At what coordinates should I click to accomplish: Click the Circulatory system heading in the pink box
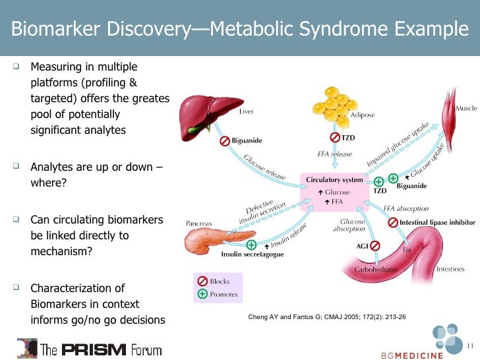click(334, 180)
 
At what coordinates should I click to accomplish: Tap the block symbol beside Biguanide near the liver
click(225, 141)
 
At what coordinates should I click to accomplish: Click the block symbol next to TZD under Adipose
click(334, 137)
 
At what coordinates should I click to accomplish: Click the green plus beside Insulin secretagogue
click(251, 244)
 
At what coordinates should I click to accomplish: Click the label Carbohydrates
click(375, 270)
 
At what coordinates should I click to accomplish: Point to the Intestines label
click(450, 269)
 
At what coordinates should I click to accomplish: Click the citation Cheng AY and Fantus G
click(326, 317)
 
